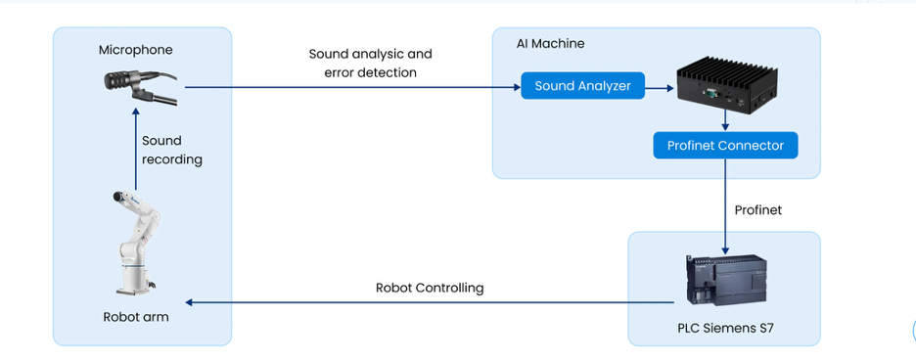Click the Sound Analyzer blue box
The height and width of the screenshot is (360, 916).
click(583, 86)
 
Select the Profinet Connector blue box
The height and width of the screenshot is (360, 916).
click(725, 146)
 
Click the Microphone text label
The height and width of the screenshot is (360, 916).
click(135, 50)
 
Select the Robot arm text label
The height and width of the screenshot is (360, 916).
click(135, 317)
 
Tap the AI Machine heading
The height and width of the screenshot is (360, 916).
click(550, 44)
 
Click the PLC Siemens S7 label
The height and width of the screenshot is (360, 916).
click(725, 329)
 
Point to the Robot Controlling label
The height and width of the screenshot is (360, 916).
click(430, 288)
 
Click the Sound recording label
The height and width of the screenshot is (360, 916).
click(171, 150)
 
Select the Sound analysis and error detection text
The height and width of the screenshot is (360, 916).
click(370, 63)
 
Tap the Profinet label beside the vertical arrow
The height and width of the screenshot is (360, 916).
click(757, 210)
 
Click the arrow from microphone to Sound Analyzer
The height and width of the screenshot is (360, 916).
click(352, 87)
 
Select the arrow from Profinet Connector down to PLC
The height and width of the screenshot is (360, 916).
click(725, 205)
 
